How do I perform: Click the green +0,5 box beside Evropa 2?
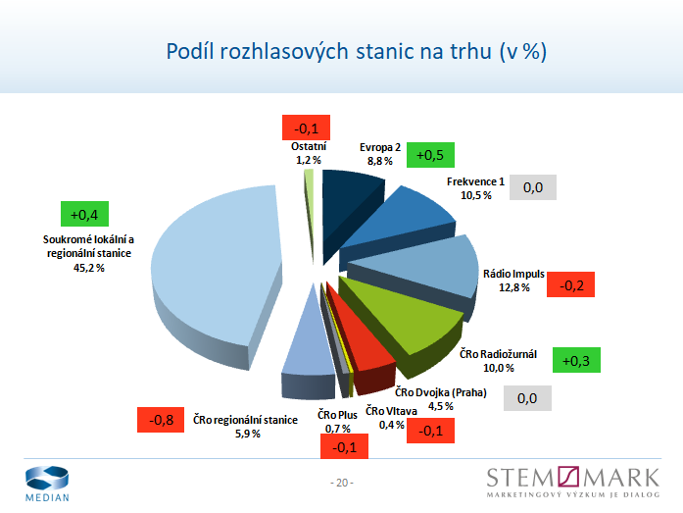click(x=430, y=156)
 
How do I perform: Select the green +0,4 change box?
click(x=84, y=213)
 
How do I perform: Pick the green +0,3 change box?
click(x=576, y=360)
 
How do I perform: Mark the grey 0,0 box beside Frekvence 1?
click(x=533, y=186)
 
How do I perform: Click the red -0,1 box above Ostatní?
click(x=306, y=128)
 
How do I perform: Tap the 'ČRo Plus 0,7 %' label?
click(x=339, y=423)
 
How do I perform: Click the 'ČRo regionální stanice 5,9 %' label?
click(x=245, y=426)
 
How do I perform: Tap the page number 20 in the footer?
click(x=341, y=483)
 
